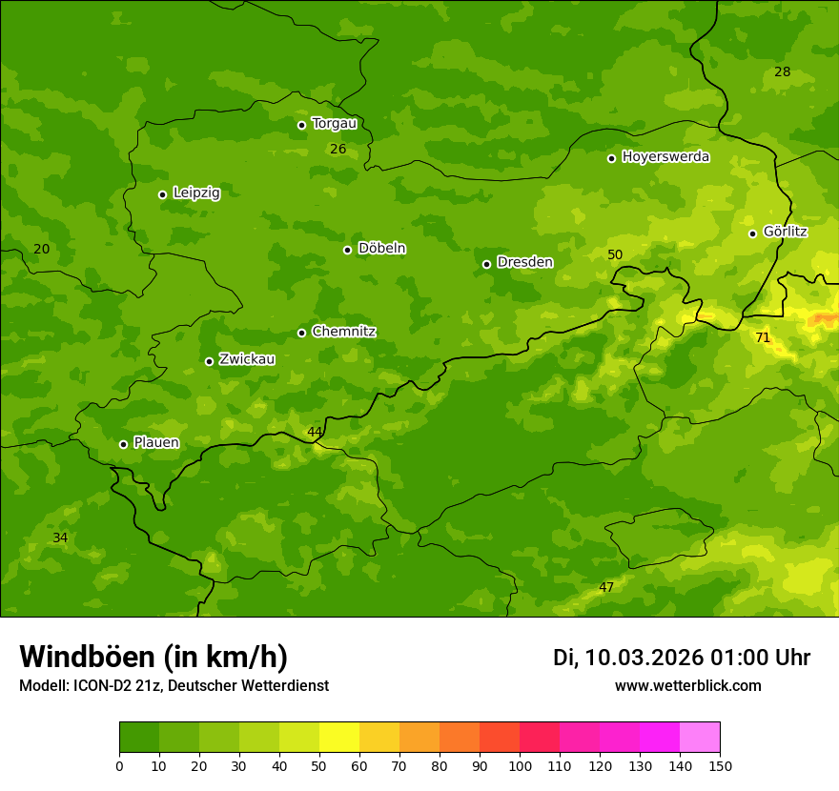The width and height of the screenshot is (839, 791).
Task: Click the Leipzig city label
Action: (196, 193)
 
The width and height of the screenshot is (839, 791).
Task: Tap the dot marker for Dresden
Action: (486, 264)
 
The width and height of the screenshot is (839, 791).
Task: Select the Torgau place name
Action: (334, 124)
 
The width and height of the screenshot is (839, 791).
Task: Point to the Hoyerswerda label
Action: (665, 157)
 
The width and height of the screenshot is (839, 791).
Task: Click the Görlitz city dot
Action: (752, 233)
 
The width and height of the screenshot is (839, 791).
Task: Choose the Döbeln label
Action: (381, 249)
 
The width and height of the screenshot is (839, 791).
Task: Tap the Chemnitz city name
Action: (343, 332)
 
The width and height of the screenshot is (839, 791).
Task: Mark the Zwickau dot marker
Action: (209, 361)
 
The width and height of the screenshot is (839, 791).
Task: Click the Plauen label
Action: (155, 443)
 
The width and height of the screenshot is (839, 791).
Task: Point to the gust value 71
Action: (763, 337)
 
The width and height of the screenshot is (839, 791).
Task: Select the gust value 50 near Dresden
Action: (615, 254)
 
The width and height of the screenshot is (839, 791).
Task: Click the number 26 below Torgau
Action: (338, 150)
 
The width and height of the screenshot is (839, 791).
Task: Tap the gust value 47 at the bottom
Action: (606, 587)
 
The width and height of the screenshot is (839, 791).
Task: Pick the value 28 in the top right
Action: (783, 72)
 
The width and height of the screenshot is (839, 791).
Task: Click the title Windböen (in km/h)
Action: (153, 657)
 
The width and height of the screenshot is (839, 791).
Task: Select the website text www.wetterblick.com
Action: (687, 686)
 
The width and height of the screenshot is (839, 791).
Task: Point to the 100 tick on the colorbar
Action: (520, 765)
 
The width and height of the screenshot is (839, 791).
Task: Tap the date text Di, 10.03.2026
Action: (628, 658)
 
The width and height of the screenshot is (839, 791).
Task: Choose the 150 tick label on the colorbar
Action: (720, 765)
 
